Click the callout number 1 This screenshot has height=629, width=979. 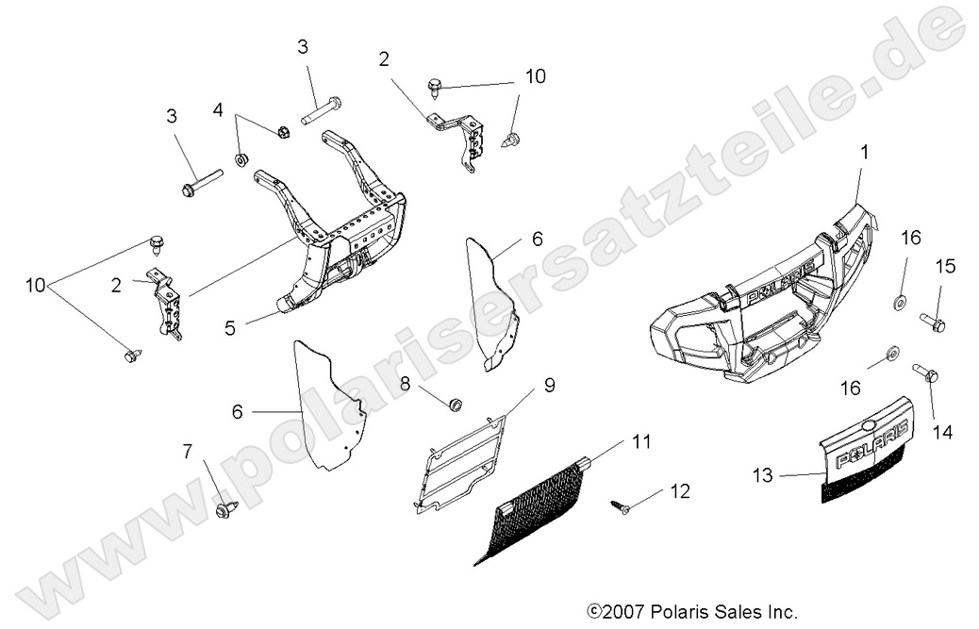click(866, 151)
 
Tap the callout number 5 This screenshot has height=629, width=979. click(230, 328)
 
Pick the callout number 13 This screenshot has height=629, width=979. click(764, 475)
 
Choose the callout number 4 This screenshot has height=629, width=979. click(218, 110)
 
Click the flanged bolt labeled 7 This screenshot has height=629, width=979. click(226, 509)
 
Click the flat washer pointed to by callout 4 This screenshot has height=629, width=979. click(241, 158)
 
